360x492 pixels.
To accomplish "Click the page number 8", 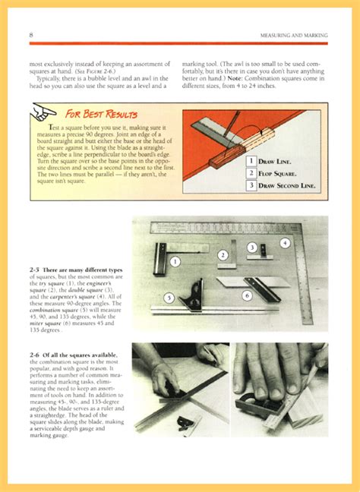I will [x=30, y=36].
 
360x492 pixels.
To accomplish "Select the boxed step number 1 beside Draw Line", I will [x=250, y=162].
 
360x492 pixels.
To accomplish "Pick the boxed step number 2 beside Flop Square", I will [x=250, y=174].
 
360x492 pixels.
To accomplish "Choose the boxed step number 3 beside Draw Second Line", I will [x=250, y=186].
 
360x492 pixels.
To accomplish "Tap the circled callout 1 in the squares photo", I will [x=175, y=261].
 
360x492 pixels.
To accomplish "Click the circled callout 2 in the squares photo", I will [x=223, y=256].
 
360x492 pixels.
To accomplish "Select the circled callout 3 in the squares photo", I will [x=251, y=248].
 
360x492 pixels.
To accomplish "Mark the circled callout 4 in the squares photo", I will [x=285, y=243].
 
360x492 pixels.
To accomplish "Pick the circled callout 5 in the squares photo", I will [x=169, y=297].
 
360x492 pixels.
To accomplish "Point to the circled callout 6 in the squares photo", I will [x=247, y=295].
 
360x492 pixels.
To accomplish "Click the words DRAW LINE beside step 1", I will [x=275, y=162].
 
